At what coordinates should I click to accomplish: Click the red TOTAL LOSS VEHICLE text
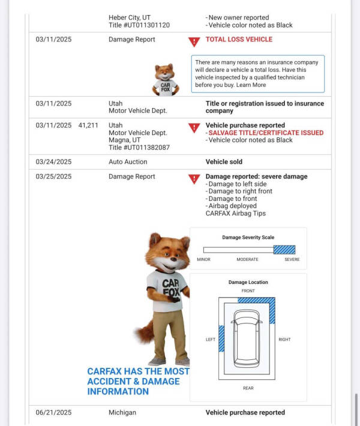click(239, 40)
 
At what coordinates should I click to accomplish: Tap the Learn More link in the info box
click(251, 85)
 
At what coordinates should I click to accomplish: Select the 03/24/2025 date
click(53, 162)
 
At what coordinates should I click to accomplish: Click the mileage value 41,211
click(88, 125)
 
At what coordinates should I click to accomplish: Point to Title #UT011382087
click(139, 148)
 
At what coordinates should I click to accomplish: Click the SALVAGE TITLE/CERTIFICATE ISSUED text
click(266, 133)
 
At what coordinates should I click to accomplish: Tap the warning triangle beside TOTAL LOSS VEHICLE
click(194, 41)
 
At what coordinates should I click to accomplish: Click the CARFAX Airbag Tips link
click(236, 214)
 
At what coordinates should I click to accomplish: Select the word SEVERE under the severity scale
click(292, 259)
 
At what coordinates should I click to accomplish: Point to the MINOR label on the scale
click(203, 259)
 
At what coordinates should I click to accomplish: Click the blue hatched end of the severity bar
click(284, 250)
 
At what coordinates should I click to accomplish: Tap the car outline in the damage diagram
click(247, 338)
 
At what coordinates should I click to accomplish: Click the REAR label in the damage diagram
click(248, 388)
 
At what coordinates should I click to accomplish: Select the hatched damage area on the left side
click(221, 338)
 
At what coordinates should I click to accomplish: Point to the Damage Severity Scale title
click(248, 238)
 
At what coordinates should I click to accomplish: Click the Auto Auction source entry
click(128, 162)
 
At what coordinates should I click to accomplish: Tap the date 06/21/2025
click(53, 413)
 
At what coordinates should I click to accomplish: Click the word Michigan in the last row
click(122, 413)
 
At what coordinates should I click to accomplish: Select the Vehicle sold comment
click(224, 162)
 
